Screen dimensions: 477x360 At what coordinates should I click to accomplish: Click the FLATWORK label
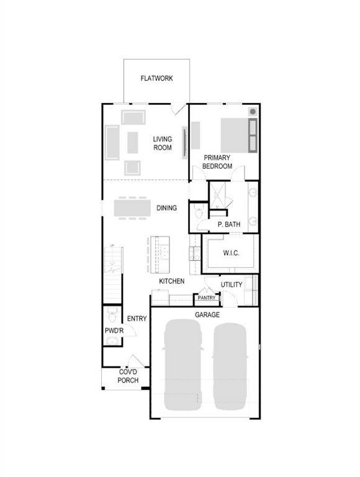[x=156, y=78]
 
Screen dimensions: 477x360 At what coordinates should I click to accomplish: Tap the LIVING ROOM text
[x=163, y=143]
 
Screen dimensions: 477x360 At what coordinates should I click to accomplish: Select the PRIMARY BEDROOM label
[x=217, y=162]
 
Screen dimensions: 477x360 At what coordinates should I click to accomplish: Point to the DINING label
[x=166, y=208]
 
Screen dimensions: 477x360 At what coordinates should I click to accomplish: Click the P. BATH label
[x=228, y=224]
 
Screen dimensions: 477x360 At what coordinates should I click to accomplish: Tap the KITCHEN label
[x=171, y=281]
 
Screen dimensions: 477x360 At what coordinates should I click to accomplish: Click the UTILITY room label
[x=231, y=285]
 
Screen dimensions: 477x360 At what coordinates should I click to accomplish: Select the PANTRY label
[x=206, y=298]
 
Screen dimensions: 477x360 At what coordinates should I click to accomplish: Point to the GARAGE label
[x=207, y=315]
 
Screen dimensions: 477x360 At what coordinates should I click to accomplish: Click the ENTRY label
[x=137, y=319]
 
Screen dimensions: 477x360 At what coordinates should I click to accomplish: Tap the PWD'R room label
[x=114, y=331]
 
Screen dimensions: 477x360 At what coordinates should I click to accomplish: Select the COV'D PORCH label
[x=128, y=376]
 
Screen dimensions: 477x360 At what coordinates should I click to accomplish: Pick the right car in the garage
[x=230, y=366]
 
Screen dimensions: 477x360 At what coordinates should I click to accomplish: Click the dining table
[x=132, y=207]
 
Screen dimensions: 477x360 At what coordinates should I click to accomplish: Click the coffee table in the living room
[x=132, y=142]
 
